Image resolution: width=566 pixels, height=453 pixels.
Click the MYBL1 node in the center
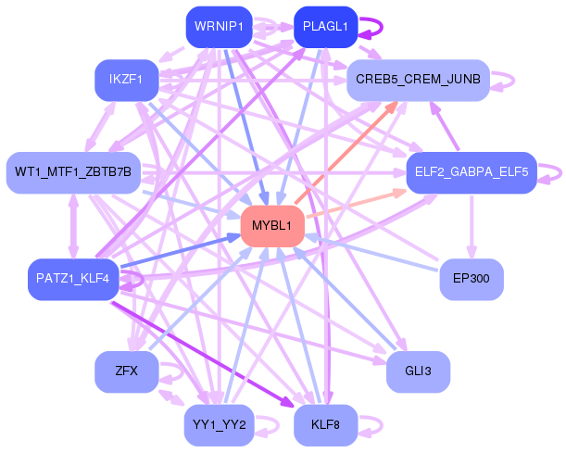pyautogui.click(x=272, y=226)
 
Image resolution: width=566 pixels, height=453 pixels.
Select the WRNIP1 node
pyautogui.click(x=218, y=28)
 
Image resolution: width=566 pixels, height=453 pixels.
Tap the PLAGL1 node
pyautogui.click(x=325, y=28)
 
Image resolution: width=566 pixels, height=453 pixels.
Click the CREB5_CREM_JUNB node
pyautogui.click(x=418, y=81)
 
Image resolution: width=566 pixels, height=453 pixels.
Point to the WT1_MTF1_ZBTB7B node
pyautogui.click(x=72, y=172)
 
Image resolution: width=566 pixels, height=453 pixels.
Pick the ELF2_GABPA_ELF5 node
pyautogui.click(x=471, y=172)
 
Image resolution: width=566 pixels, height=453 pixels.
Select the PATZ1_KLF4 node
pyautogui.click(x=72, y=279)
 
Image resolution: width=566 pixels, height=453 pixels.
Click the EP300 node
pyautogui.click(x=471, y=279)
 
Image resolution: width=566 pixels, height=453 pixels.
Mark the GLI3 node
pyautogui.click(x=418, y=371)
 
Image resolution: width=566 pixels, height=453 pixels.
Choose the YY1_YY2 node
pyautogui.click(x=218, y=425)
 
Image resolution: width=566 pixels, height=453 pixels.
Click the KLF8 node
pyautogui.click(x=325, y=425)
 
